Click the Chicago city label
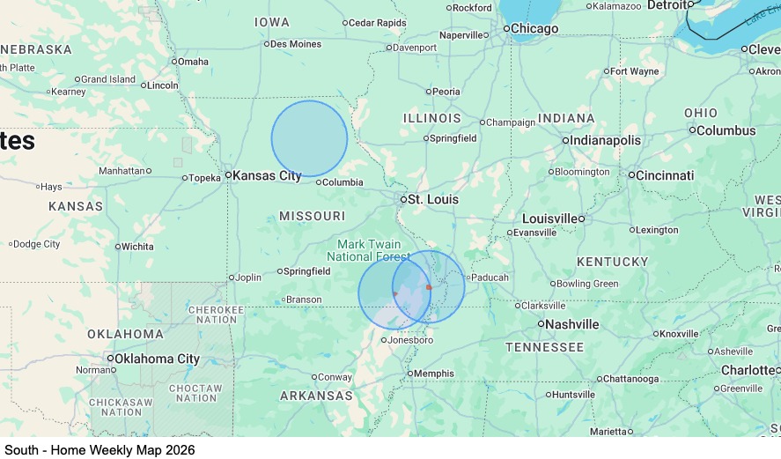pos(534,29)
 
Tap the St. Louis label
pos(432,200)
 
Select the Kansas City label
pos(266,175)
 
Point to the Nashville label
pos(571,324)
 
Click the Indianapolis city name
pos(606,141)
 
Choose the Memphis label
pos(434,374)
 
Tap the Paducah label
pos(490,278)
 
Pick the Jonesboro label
pos(411,340)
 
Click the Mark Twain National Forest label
pos(369,250)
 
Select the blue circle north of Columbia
pos(309,138)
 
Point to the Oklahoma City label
pos(158,359)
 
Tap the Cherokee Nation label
pos(217,315)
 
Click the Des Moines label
pos(296,44)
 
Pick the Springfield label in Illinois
pos(453,138)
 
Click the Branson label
pos(304,300)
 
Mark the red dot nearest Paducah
pos(429,287)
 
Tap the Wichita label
pos(137,247)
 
